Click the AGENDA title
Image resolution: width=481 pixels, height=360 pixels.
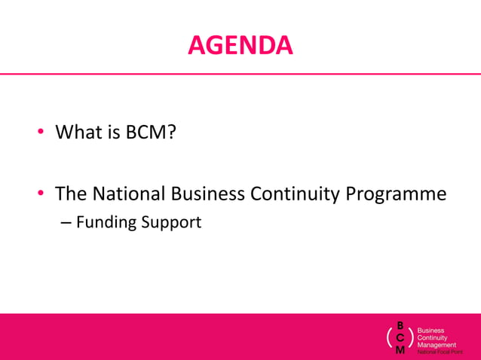pos(240,46)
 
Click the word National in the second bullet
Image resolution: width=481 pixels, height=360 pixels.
pos(129,194)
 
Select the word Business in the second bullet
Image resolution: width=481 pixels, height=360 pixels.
pos(208,194)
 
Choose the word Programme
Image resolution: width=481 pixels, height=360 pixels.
pos(396,194)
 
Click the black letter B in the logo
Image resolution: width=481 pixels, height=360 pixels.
pos(400,326)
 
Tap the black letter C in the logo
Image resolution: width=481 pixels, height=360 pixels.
pos(400,338)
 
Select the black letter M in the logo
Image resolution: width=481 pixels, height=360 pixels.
pos(400,350)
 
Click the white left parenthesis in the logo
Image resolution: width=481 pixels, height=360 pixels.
pos(389,338)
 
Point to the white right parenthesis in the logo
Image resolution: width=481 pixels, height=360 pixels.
pos(411,338)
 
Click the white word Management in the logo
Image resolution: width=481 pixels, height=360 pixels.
pos(437,345)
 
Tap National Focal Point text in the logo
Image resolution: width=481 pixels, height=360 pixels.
pos(440,352)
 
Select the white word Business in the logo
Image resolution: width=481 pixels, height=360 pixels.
pos(431,330)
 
